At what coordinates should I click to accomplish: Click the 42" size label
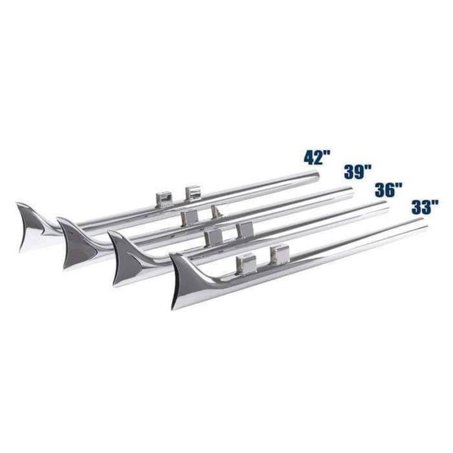(x=317, y=158)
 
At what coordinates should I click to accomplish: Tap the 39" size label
(x=358, y=172)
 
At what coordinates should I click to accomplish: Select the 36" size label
(x=389, y=190)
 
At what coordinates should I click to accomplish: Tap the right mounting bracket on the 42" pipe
(x=193, y=192)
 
